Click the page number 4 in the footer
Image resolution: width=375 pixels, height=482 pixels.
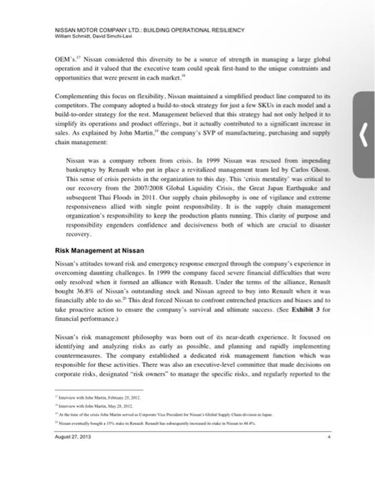tap(329, 436)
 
